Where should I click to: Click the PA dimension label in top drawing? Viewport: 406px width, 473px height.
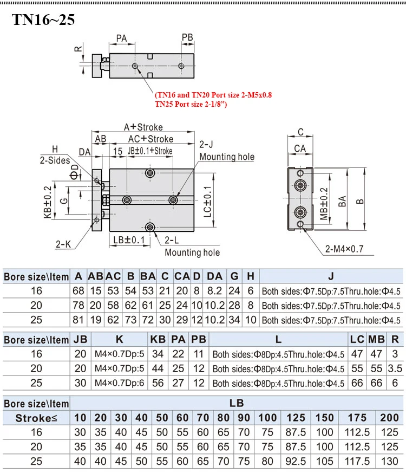click(x=122, y=38)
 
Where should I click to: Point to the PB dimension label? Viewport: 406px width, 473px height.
click(x=187, y=38)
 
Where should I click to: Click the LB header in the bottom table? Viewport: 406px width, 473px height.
click(x=237, y=403)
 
